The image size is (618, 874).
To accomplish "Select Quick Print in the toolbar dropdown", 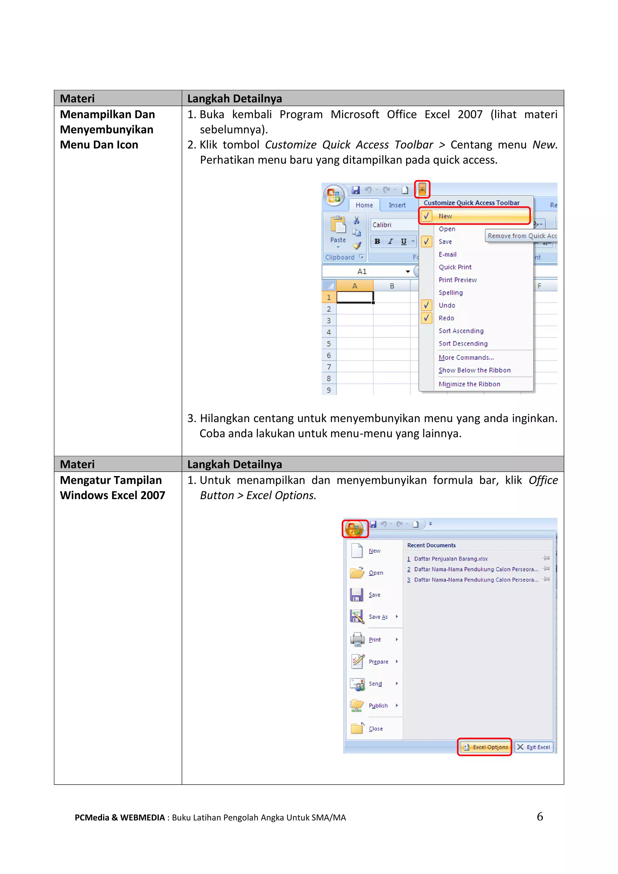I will (x=455, y=267).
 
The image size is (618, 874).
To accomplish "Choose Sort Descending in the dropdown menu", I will (x=463, y=343).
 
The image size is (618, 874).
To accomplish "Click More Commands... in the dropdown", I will (x=466, y=357).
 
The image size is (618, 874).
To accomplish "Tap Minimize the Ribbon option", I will (x=469, y=384).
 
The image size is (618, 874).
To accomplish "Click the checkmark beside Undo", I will (x=426, y=305).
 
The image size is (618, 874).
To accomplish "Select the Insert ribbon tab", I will (x=397, y=205).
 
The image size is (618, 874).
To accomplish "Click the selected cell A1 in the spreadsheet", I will (x=355, y=297).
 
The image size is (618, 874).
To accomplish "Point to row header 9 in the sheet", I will (x=329, y=390).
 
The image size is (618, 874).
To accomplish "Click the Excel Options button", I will (x=485, y=747).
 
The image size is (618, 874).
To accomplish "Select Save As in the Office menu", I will (x=378, y=617).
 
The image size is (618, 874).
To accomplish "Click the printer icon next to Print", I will (x=357, y=639).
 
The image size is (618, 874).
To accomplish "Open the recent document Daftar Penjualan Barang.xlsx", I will (x=451, y=559).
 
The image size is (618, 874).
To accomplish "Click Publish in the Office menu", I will (x=378, y=705).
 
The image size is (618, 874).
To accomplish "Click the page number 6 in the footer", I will (x=540, y=817).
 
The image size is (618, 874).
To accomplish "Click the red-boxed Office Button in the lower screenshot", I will (x=355, y=528).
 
